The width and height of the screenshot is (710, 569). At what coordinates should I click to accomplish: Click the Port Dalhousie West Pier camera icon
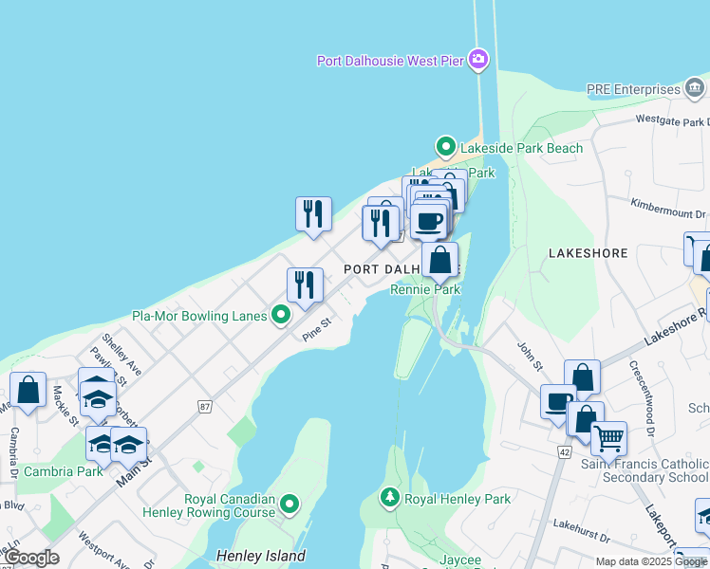pos(478,61)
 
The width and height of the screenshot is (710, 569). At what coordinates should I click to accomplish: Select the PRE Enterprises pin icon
pos(696,89)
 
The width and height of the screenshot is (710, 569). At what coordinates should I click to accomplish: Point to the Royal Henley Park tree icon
pos(389,498)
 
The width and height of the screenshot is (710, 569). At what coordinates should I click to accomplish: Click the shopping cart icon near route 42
pos(608,438)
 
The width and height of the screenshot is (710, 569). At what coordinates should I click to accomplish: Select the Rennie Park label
pos(425,289)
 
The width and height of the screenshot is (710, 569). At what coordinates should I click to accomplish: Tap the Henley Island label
pos(261,556)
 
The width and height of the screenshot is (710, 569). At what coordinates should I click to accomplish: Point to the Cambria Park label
pos(64,471)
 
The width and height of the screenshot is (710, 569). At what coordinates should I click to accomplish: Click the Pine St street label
pos(316,330)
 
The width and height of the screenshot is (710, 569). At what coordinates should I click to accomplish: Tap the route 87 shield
pos(205,407)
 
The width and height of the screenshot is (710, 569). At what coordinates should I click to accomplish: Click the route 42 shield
pos(564,453)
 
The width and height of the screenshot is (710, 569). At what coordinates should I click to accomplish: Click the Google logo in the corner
pos(31,558)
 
